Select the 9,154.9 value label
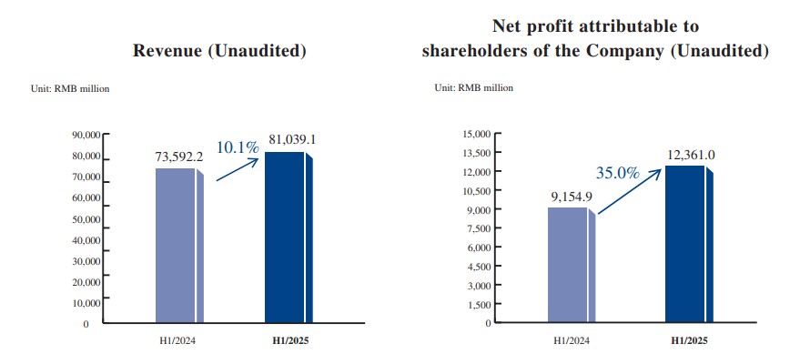(570, 195)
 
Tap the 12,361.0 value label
(688, 155)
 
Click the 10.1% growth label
(238, 146)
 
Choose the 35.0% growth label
(618, 172)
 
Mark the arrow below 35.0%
(628, 194)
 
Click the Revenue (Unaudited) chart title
(218, 52)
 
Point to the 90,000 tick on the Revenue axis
(86, 135)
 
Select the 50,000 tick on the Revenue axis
(86, 219)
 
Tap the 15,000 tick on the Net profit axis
(476, 135)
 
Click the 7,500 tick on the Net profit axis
(479, 228)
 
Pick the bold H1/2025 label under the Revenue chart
(287, 341)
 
